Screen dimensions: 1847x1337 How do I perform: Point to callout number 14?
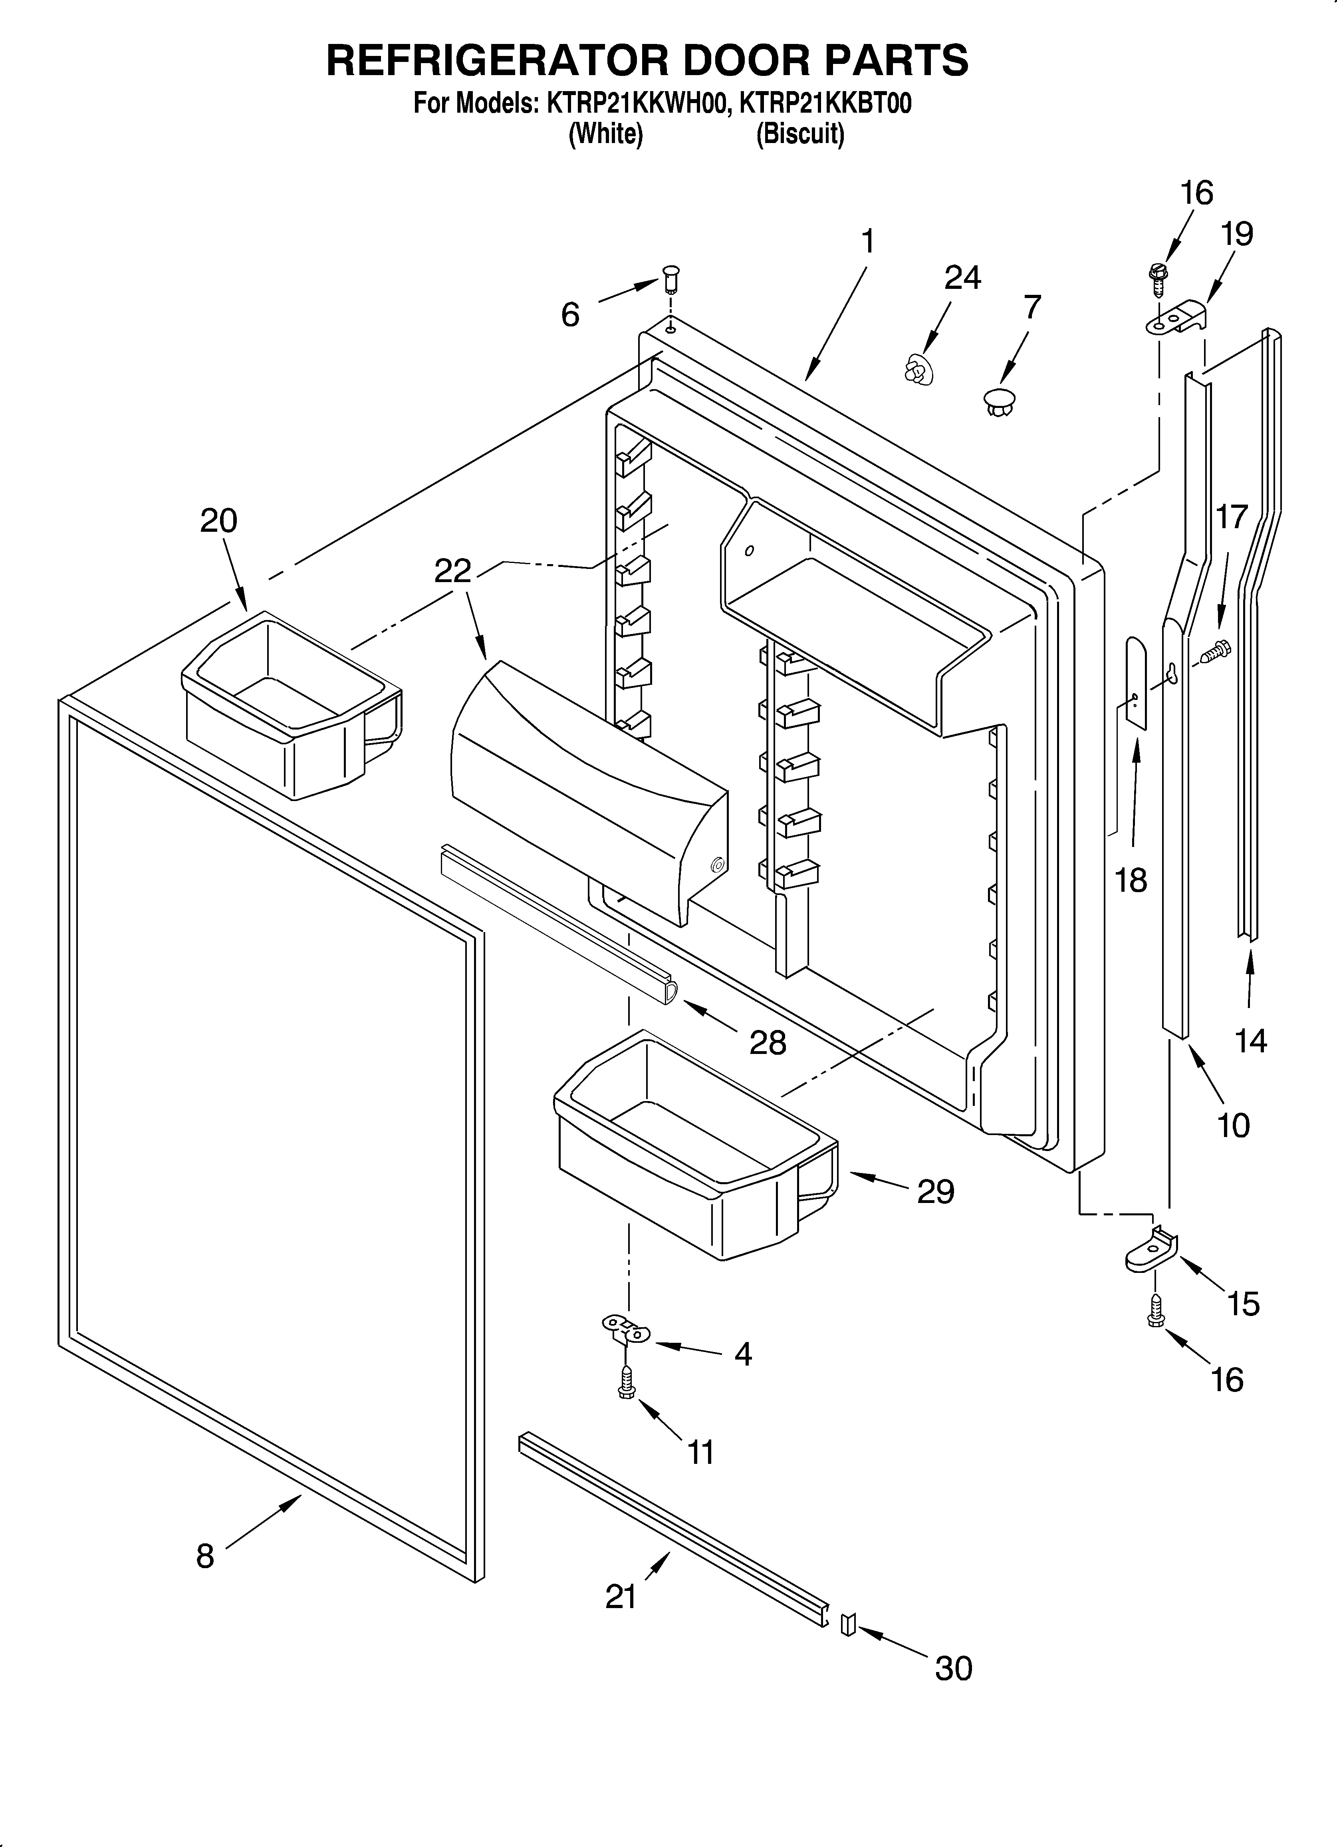point(1251,1041)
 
